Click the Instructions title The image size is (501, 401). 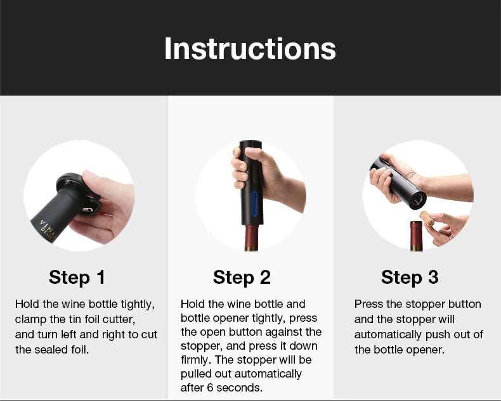[x=250, y=49]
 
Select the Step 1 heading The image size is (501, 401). [x=77, y=277]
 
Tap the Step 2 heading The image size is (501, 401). [x=242, y=277]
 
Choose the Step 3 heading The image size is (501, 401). [x=410, y=277]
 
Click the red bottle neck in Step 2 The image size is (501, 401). [x=251, y=238]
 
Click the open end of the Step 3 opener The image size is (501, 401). [x=416, y=201]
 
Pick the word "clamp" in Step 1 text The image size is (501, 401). [x=31, y=319]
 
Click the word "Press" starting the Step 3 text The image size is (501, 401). [x=369, y=305]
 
